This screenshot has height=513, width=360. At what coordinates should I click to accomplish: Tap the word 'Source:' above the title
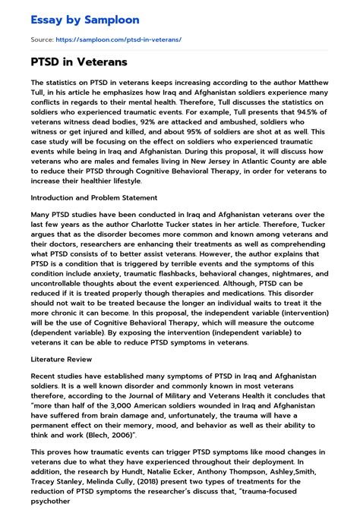41,39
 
